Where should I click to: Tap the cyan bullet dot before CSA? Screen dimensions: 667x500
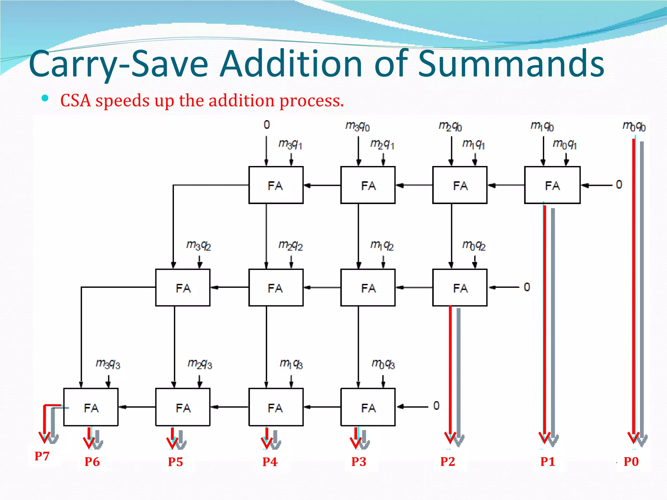click(x=45, y=98)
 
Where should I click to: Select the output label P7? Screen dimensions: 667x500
click(x=42, y=456)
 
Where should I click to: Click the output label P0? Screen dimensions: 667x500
click(x=631, y=462)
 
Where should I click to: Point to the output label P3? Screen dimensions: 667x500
click(x=359, y=462)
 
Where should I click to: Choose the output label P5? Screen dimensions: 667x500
click(x=175, y=462)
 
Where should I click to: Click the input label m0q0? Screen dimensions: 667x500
click(x=633, y=126)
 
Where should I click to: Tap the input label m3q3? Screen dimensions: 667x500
click(x=108, y=364)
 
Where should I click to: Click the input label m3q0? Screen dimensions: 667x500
click(x=357, y=126)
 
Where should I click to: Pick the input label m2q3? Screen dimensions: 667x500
click(x=200, y=364)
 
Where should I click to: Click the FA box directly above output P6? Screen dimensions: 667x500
click(x=91, y=407)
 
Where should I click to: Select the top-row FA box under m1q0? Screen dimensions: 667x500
click(x=552, y=185)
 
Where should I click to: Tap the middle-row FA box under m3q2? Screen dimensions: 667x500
click(x=183, y=287)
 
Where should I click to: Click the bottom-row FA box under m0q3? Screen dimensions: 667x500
click(x=368, y=407)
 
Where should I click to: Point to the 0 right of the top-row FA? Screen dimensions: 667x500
click(x=619, y=185)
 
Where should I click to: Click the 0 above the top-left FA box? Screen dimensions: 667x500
click(x=267, y=125)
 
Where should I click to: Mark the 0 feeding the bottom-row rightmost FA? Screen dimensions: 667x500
click(x=436, y=406)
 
